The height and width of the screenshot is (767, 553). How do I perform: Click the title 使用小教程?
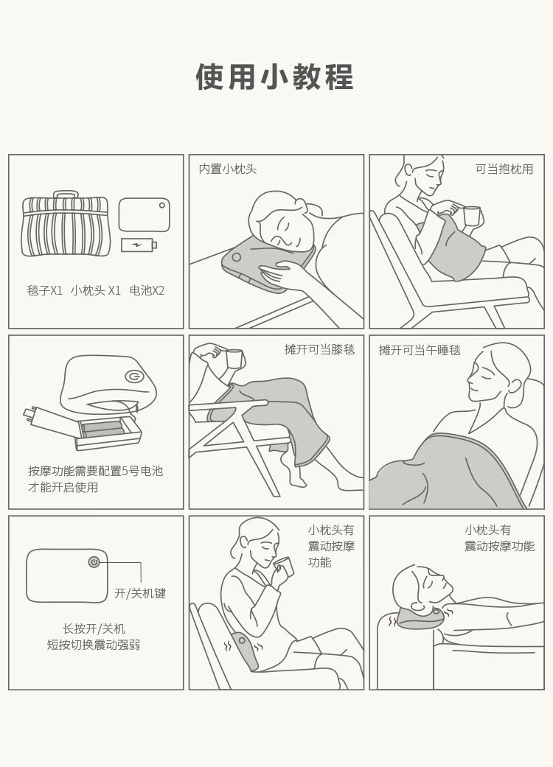pos(274,77)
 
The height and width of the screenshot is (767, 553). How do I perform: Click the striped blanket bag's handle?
pos(66,195)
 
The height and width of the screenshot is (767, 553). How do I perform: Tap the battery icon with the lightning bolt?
pos(139,244)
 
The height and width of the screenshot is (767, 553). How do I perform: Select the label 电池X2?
pos(147,290)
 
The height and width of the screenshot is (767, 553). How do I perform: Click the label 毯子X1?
pos(44,290)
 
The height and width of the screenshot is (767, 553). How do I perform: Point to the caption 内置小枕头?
pos(228,169)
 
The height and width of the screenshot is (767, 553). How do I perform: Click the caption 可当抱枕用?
pos(504,169)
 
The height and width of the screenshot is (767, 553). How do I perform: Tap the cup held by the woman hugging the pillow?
pos(472,215)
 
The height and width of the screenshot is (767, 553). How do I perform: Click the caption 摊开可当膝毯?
pos(319,350)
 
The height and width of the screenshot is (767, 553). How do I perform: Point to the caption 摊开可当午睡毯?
pos(420,350)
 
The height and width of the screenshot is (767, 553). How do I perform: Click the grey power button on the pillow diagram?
pos(94,562)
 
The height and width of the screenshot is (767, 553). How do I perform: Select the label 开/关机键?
pos(140,593)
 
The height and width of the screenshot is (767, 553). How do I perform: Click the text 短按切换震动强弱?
pos(94,645)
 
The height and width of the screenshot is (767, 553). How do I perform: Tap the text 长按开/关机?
pos(94,628)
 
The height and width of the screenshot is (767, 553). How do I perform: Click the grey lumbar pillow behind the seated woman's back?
pos(246,650)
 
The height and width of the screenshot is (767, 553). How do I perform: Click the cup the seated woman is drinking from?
pos(284,565)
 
